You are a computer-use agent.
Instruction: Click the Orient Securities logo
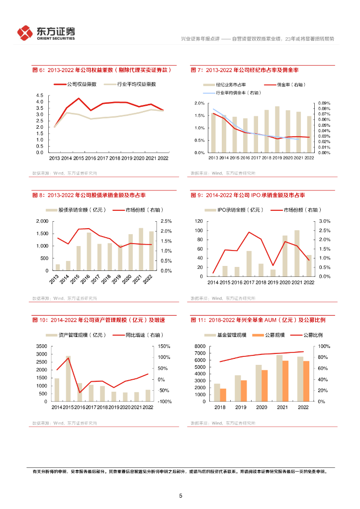(46, 33)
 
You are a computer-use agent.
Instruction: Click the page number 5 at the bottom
(180, 496)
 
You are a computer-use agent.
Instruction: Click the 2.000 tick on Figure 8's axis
(42, 221)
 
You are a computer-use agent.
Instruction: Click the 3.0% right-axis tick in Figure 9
(324, 221)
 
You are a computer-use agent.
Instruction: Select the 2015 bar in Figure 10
(68, 379)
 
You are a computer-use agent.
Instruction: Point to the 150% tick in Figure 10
(165, 346)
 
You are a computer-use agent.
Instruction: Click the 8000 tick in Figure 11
(199, 346)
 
